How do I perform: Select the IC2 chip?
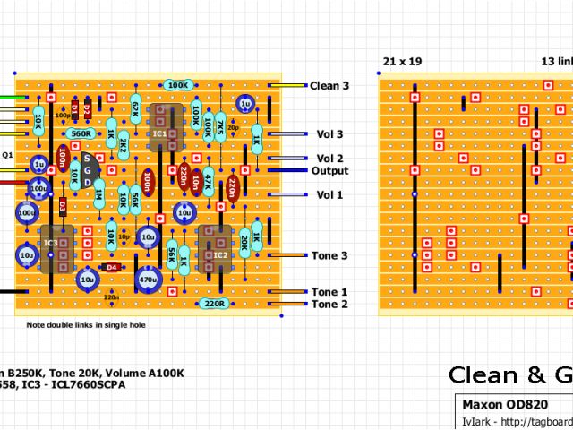(219, 254)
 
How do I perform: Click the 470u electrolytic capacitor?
(148, 279)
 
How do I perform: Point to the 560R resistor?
(81, 133)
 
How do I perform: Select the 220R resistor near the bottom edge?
(213, 304)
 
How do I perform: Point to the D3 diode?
(63, 206)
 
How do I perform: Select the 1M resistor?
(98, 194)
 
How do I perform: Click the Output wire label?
(329, 171)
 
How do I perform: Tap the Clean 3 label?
(329, 86)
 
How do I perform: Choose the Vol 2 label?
(329, 159)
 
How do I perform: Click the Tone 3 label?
(329, 256)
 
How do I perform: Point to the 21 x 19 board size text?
(402, 62)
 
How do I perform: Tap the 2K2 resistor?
(124, 142)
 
